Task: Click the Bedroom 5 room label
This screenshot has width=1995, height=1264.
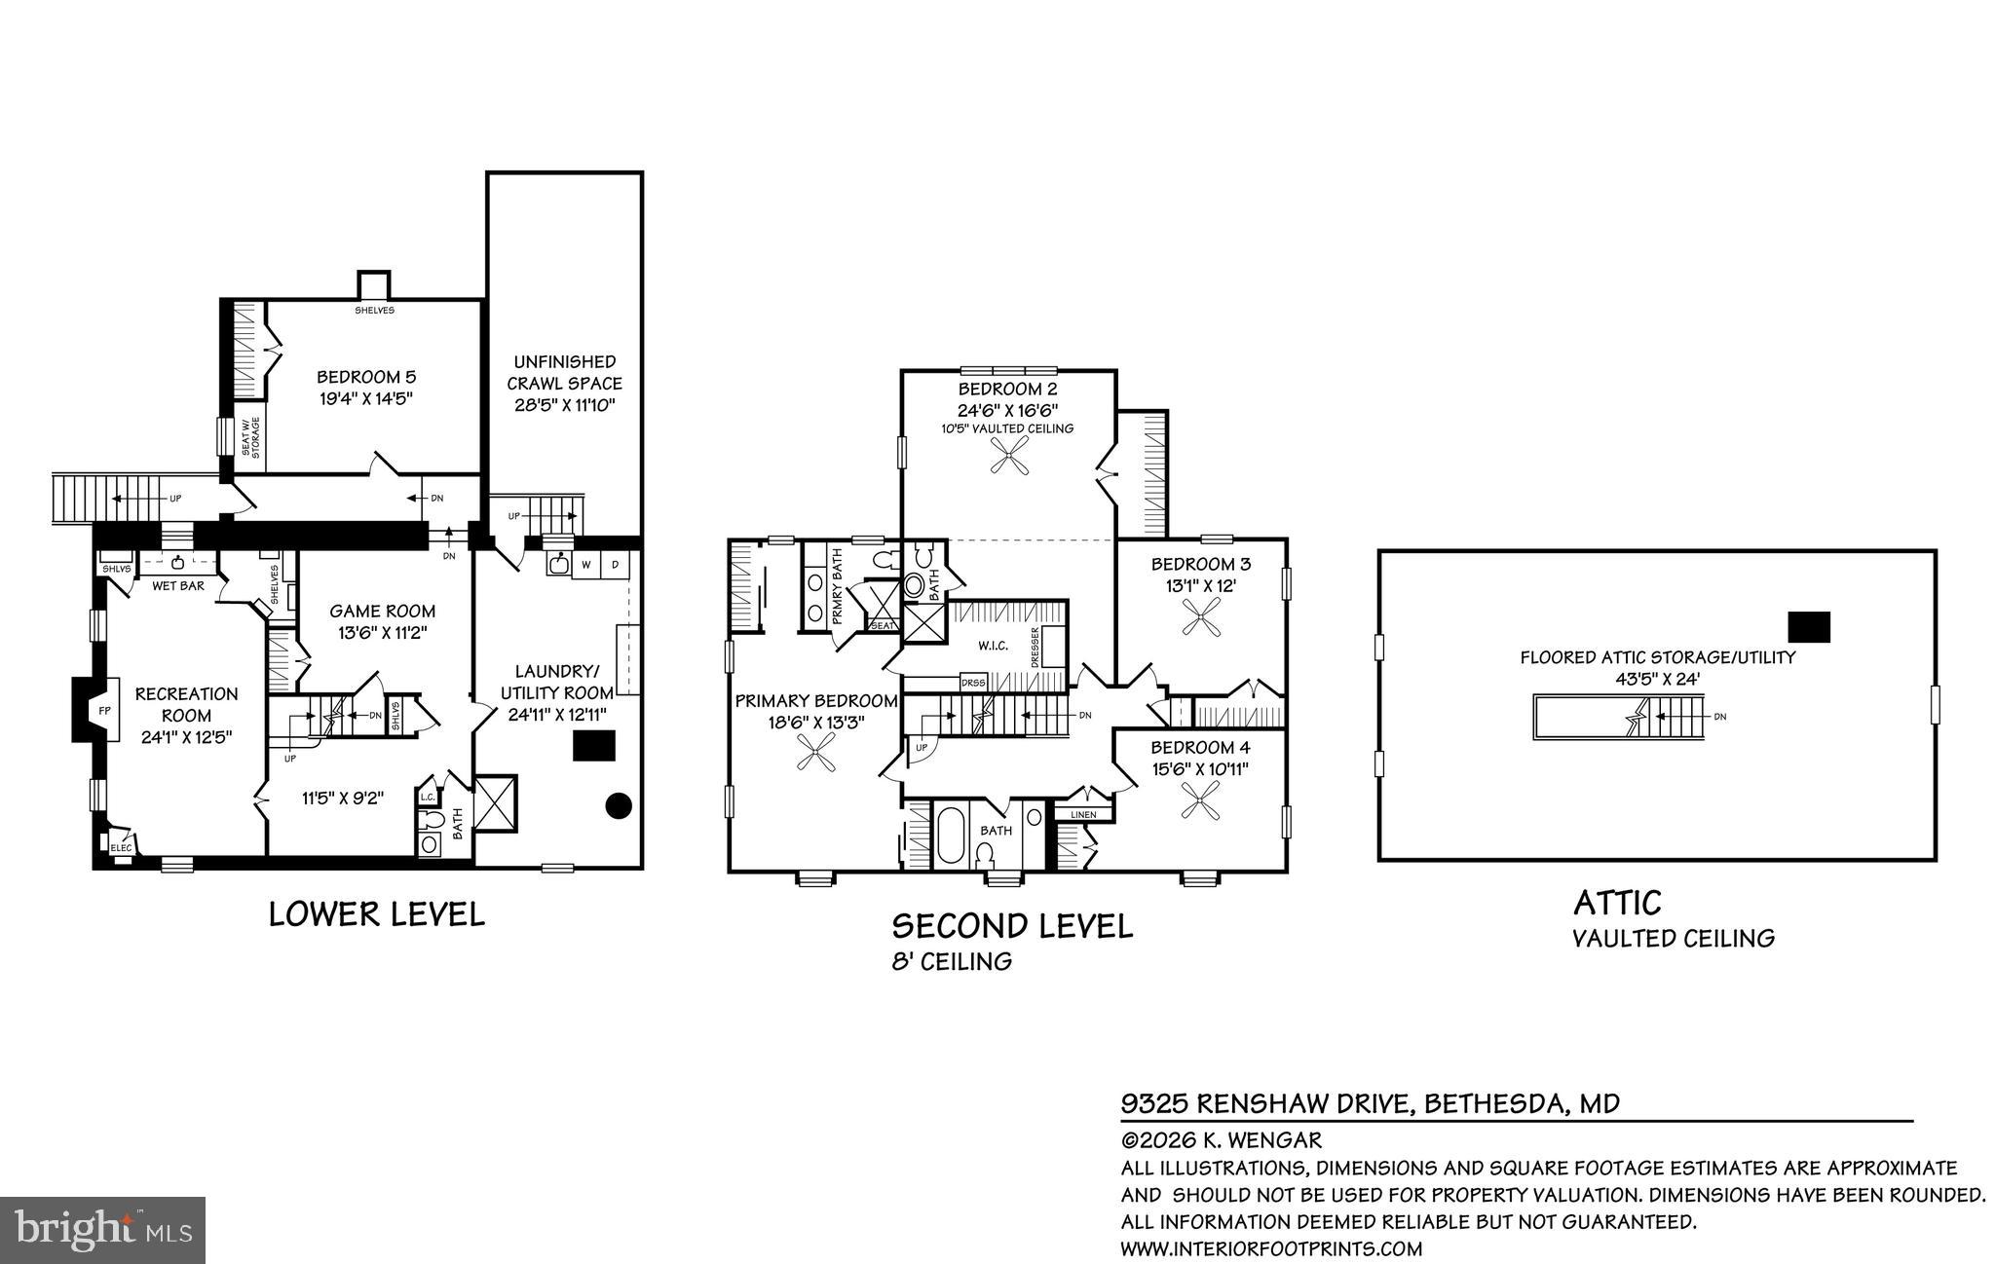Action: (x=366, y=377)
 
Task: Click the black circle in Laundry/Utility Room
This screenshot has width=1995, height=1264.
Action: (x=619, y=805)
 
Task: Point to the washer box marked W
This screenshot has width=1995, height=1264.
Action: (x=586, y=564)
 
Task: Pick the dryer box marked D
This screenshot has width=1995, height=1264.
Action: (x=616, y=564)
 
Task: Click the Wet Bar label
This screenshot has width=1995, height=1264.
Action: (x=177, y=585)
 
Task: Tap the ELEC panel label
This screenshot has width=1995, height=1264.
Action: (x=121, y=847)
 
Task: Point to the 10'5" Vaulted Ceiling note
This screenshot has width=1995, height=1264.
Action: (x=1007, y=428)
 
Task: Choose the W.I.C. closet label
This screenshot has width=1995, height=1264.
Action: (x=993, y=646)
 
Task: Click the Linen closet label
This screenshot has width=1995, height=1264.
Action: (x=1083, y=814)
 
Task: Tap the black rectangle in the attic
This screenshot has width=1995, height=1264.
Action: (x=1809, y=626)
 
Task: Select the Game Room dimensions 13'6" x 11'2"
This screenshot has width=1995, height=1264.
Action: (x=382, y=632)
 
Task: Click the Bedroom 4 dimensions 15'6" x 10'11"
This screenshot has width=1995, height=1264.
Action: (x=1200, y=768)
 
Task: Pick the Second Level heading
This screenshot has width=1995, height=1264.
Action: (x=1012, y=925)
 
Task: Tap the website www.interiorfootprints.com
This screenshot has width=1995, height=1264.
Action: (x=1271, y=1248)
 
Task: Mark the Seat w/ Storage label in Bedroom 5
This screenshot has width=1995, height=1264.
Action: (x=250, y=437)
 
